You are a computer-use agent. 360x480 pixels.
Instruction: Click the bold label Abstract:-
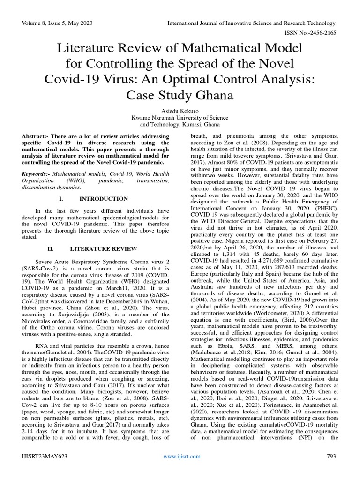point(36,135)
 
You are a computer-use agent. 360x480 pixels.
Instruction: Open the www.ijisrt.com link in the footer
point(182,456)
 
